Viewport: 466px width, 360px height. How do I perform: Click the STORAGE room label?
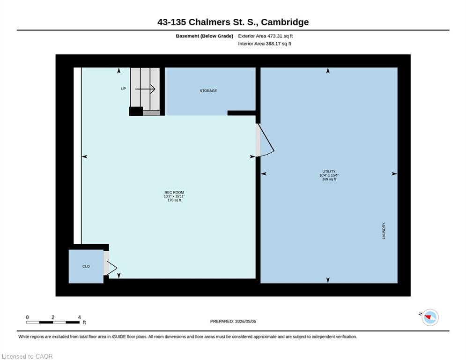coord(208,91)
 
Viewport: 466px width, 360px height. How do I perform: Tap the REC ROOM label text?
coord(174,193)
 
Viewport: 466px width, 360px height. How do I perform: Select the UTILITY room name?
coord(329,172)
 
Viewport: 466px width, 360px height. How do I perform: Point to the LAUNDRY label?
coord(384,231)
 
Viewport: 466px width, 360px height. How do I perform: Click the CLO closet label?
coord(86,266)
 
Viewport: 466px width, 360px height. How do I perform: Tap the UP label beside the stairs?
coord(123,89)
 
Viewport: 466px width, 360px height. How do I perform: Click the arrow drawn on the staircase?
coord(145,89)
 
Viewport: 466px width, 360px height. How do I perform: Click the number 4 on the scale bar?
coord(79,317)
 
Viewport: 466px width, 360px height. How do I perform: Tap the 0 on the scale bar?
coord(27,317)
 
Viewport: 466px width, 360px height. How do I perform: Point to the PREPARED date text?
coord(233,321)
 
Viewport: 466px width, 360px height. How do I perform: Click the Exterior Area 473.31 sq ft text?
coord(266,36)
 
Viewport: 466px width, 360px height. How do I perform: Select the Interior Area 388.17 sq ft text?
coord(265,44)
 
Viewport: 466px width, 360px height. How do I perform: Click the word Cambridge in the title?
coord(285,22)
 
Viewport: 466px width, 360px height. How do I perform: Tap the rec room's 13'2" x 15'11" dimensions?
coord(174,196)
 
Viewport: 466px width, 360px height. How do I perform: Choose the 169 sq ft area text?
coord(329,179)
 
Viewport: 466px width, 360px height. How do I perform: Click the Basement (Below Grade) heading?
coord(205,36)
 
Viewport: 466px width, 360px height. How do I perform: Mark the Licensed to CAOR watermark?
coord(27,356)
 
